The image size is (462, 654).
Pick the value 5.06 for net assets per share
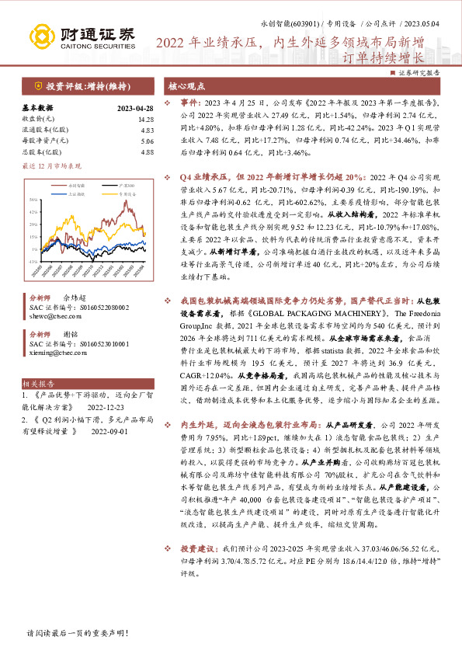point(146,141)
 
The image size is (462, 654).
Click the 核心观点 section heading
point(188,86)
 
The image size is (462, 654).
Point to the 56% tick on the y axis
point(36,200)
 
